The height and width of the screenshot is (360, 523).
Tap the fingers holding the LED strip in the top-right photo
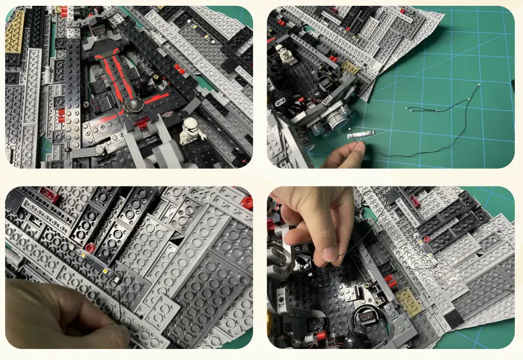(348, 154)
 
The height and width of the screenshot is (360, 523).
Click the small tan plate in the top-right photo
(350, 68)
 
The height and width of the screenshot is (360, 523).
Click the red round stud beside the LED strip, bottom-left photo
(90, 248)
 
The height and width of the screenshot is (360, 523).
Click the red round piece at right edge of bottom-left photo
(247, 202)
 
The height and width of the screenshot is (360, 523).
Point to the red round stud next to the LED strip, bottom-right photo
(427, 239)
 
